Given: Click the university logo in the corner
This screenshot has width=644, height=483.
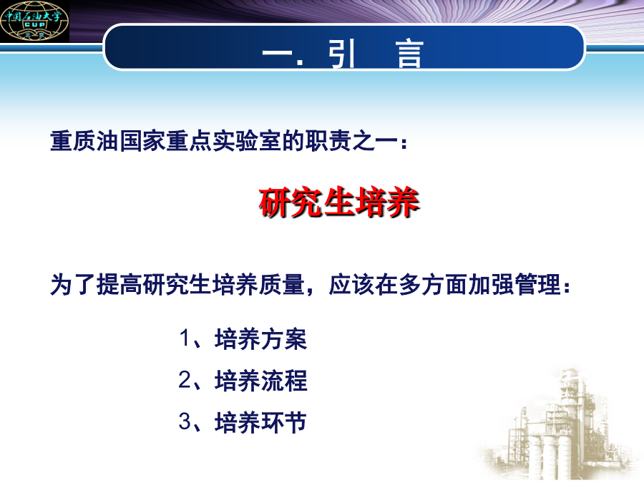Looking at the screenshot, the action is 34,21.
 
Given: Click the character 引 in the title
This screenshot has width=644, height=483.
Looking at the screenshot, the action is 341,54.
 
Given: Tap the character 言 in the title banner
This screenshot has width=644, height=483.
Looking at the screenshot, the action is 409,54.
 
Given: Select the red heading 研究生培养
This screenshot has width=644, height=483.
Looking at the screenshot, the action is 339,202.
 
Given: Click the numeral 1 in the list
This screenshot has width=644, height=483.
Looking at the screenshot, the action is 185,338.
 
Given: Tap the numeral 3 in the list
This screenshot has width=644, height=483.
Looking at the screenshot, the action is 185,421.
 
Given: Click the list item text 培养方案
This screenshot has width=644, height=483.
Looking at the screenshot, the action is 260,339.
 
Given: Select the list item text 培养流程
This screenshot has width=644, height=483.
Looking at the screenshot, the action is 260,381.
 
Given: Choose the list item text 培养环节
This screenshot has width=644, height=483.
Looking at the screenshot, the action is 260,422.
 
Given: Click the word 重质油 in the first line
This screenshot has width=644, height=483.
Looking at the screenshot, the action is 84,141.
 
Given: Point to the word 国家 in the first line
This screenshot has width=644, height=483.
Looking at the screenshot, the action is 142,141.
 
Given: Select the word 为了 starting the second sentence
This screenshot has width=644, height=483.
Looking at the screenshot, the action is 73,284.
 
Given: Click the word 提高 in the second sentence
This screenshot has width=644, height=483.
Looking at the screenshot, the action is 119,284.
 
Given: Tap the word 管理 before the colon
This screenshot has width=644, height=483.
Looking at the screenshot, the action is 538,284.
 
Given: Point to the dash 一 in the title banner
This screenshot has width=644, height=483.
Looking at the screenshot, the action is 277,54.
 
